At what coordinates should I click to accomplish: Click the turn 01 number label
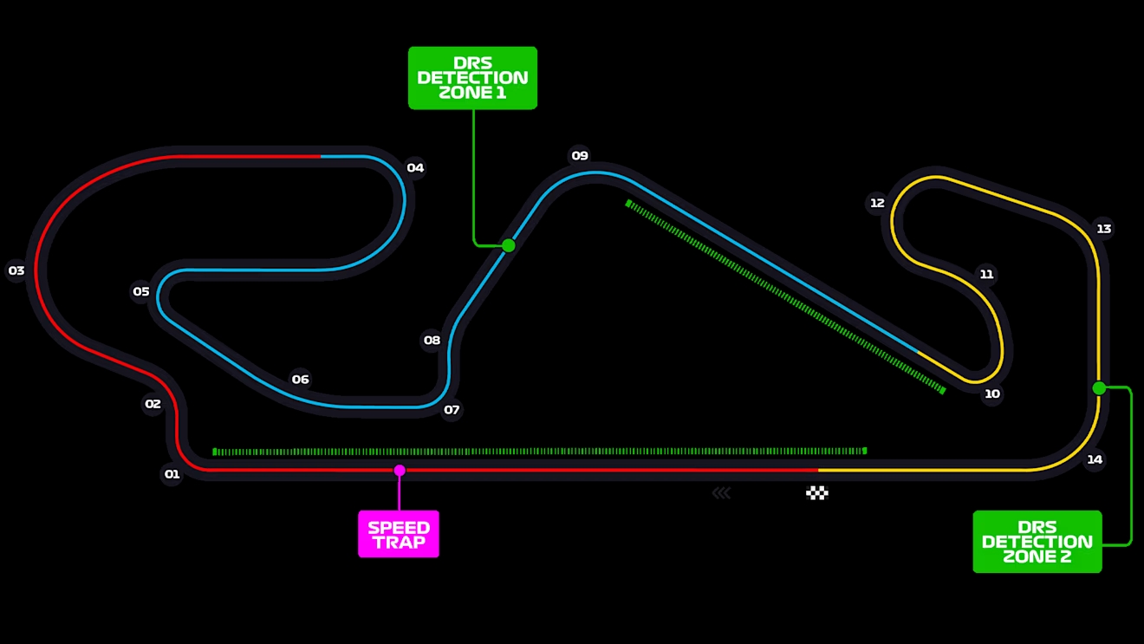[x=172, y=474]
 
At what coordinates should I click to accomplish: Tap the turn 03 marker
[x=16, y=270]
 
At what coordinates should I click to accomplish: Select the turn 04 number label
[x=415, y=168]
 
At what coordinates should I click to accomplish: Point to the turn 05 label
[x=141, y=291]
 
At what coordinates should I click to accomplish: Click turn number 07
[x=452, y=410]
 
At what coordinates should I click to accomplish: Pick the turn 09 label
[x=580, y=156]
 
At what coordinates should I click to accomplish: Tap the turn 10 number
[x=992, y=394]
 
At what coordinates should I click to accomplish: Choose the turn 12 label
[x=877, y=204]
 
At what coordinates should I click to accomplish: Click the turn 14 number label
[x=1095, y=459]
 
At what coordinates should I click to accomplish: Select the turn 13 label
[x=1104, y=229]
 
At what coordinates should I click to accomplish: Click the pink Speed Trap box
[x=399, y=534]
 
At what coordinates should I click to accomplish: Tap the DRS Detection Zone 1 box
[x=473, y=78]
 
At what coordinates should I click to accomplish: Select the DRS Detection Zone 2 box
[x=1037, y=542]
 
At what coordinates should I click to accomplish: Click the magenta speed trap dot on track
[x=400, y=471]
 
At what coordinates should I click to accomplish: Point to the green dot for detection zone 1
[x=508, y=245]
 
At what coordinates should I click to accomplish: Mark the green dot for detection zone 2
[x=1099, y=388]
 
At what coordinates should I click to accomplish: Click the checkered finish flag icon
[x=817, y=493]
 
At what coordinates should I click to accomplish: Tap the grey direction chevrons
[x=722, y=493]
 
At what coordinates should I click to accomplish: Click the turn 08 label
[x=432, y=340]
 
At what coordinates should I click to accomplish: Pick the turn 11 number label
[x=986, y=275]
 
